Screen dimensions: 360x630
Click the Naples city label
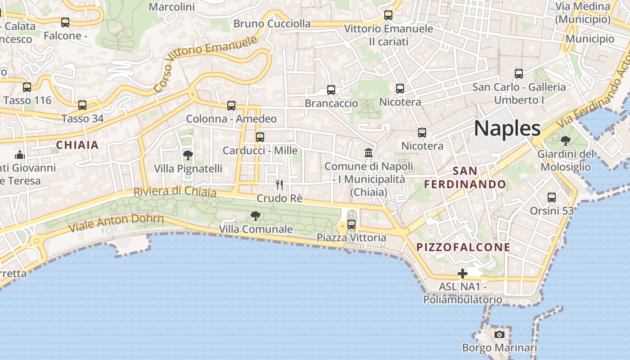point(507,129)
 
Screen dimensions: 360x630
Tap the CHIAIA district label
point(77,145)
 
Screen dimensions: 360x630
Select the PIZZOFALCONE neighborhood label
point(463,247)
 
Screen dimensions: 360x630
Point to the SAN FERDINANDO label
point(465,178)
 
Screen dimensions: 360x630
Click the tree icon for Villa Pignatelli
point(188,156)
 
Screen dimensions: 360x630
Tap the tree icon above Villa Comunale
point(255,216)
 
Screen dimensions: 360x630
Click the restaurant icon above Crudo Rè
point(279,185)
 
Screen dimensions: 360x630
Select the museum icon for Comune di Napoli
point(369,153)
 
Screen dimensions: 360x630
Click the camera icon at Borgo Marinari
point(499,334)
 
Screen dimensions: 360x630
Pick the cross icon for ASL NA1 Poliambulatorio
point(462,274)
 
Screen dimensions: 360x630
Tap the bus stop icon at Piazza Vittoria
point(351,224)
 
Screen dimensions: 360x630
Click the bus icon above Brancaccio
point(331,90)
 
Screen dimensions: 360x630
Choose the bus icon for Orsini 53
point(551,197)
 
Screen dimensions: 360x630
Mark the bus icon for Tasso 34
point(82,105)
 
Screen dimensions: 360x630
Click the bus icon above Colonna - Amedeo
point(231,106)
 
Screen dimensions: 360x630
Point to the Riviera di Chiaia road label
point(175,192)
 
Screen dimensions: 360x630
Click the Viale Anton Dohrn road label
point(116,223)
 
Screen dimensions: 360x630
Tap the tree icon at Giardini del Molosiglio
point(565,141)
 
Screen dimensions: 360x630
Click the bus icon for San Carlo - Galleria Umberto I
point(519,74)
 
